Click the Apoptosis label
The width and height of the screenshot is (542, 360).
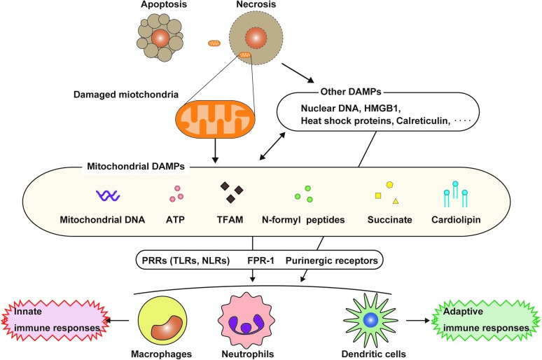(164, 4)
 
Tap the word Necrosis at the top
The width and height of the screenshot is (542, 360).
(256, 4)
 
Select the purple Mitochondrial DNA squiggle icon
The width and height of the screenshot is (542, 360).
(108, 195)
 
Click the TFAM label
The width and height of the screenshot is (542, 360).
(230, 220)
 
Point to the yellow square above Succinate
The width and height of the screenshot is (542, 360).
(378, 195)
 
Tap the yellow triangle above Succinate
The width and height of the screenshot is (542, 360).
(396, 201)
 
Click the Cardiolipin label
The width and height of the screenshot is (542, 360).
(456, 220)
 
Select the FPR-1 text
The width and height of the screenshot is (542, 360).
(260, 261)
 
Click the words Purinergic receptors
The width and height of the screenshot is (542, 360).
(331, 261)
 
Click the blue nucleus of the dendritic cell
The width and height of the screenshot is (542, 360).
(370, 320)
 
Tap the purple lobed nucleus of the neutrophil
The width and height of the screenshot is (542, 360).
(246, 325)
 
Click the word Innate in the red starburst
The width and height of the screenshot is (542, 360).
(27, 311)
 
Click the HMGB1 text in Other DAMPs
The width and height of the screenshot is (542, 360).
(382, 109)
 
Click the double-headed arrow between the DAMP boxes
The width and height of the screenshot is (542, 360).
(272, 146)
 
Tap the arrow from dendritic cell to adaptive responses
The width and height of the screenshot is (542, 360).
(418, 321)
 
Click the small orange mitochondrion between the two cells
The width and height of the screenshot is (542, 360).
(214, 43)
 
